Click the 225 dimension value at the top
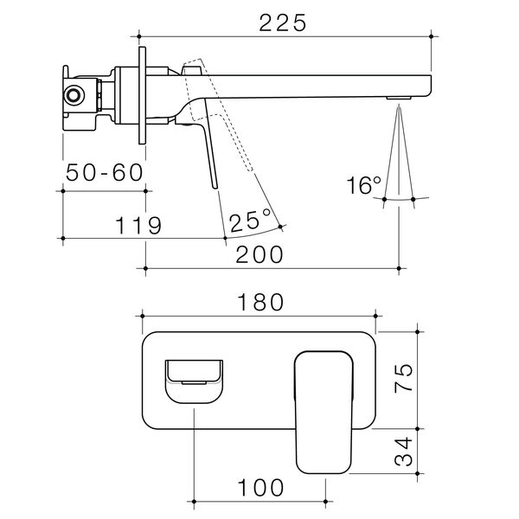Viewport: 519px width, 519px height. tap(283, 23)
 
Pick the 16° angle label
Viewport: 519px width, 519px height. tap(363, 185)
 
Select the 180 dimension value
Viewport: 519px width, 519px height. tap(259, 302)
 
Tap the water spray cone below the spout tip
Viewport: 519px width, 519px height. tap(398, 156)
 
